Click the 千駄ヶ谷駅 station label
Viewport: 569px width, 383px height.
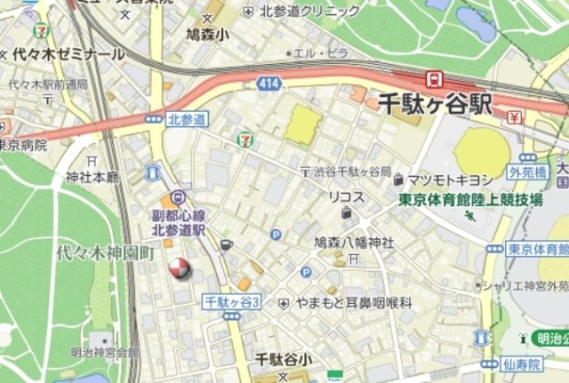click(435, 102)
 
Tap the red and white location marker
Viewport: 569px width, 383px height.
click(180, 267)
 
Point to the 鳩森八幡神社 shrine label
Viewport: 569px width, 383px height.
click(354, 241)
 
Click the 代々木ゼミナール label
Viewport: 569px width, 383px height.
click(68, 54)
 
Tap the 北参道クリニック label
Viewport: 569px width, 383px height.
click(310, 11)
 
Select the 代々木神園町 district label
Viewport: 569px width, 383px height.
click(105, 252)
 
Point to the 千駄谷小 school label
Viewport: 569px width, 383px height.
click(283, 360)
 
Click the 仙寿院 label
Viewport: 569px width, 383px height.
click(522, 364)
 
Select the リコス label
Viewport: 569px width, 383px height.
click(344, 195)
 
